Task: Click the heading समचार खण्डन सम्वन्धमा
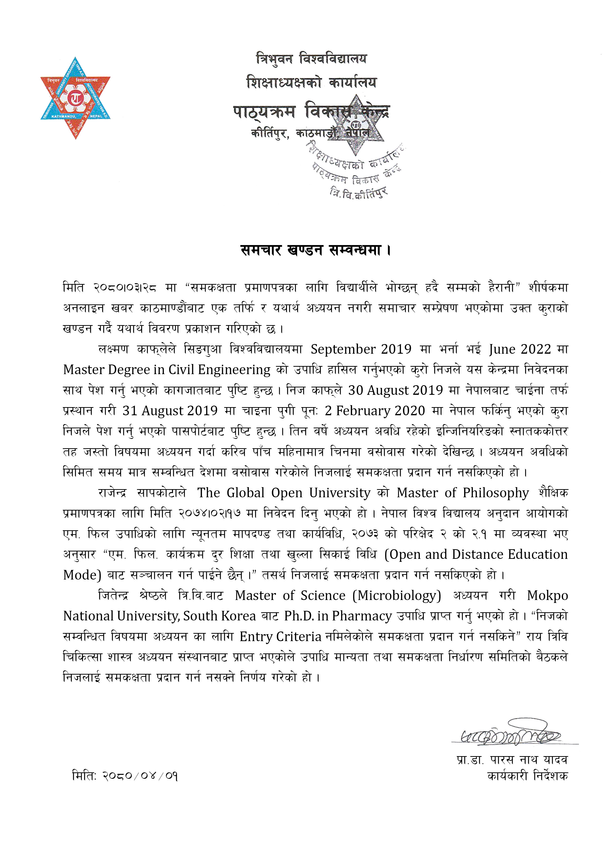coord(315,250)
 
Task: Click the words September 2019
coord(361,349)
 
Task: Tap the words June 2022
coord(520,349)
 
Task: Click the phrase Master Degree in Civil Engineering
coord(167,370)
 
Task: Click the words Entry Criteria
coord(280,637)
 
